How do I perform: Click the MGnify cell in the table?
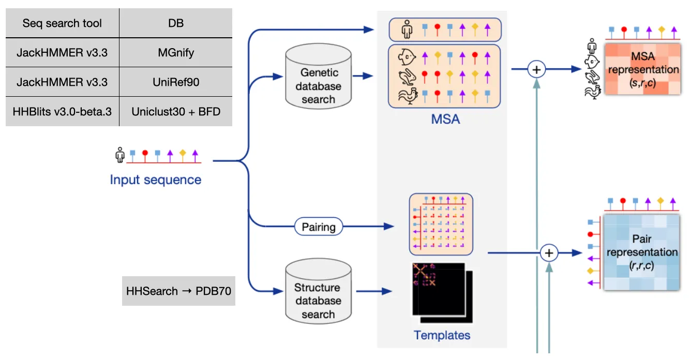point(176,52)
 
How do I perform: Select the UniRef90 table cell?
point(176,81)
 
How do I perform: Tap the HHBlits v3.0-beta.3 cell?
point(63,111)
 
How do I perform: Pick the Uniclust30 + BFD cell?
point(176,111)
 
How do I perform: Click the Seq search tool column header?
point(63,24)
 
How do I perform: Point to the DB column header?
point(176,24)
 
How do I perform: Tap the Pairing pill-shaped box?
point(319,227)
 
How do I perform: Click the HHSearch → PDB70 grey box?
point(178,291)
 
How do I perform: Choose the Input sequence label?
point(155,180)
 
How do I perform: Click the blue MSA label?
point(445,120)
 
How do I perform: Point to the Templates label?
point(442,335)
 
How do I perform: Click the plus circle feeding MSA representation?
point(536,69)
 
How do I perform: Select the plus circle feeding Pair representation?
point(549,253)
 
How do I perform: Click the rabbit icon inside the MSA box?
point(407,76)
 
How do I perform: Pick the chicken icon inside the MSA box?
point(407,95)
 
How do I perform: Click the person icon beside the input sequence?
point(120,155)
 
